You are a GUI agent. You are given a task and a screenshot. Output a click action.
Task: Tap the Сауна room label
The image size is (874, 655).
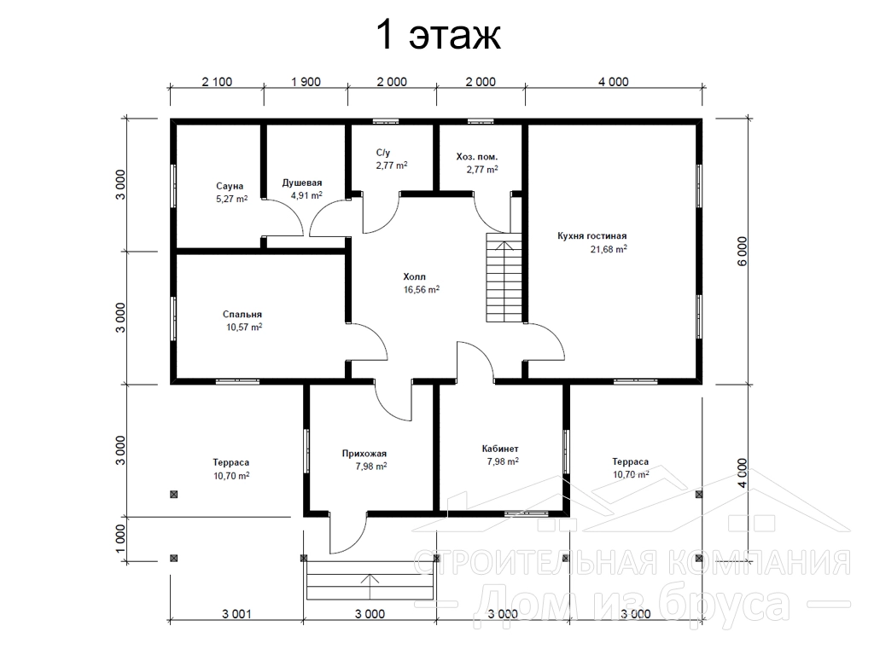(x=230, y=186)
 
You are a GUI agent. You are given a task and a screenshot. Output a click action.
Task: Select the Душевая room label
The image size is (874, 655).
(x=301, y=183)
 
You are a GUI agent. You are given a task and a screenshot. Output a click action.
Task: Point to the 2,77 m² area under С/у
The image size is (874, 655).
(x=392, y=165)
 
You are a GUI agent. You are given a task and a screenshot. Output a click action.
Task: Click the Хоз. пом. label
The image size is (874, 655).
(x=477, y=157)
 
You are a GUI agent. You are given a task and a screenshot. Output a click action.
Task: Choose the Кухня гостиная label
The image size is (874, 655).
(x=592, y=236)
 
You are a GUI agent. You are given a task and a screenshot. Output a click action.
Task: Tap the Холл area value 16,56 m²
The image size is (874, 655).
(x=422, y=290)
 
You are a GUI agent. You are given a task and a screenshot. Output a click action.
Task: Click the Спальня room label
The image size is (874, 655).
(x=242, y=315)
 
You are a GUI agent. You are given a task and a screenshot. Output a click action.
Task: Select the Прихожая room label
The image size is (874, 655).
(x=364, y=454)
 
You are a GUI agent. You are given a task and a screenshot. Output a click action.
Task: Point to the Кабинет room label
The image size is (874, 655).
(x=500, y=449)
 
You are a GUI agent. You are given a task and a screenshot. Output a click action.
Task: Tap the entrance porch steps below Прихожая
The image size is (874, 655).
(x=370, y=579)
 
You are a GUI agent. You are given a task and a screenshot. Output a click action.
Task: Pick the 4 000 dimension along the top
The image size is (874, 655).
(x=614, y=82)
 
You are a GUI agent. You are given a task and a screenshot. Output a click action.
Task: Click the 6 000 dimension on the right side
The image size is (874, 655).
(x=742, y=252)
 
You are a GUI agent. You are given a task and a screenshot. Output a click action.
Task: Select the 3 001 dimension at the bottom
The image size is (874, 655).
(x=237, y=614)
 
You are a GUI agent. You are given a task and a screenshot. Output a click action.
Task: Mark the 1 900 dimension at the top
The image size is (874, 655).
(x=306, y=82)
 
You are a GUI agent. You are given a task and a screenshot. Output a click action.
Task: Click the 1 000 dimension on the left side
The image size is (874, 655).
(x=121, y=539)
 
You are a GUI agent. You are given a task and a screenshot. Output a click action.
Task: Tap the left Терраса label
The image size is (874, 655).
(x=230, y=462)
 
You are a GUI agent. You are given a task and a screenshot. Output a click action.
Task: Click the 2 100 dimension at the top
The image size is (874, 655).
(x=217, y=82)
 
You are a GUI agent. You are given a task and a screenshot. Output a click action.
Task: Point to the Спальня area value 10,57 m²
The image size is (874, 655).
(x=244, y=327)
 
